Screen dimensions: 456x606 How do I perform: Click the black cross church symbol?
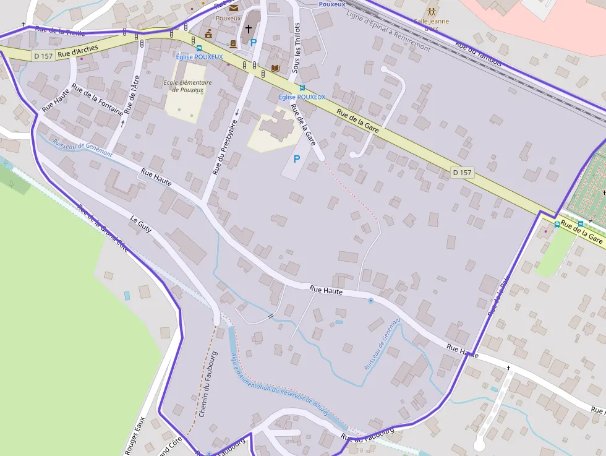(249, 29)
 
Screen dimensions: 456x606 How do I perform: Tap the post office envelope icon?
(234, 8)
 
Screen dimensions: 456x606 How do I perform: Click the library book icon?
(275, 68)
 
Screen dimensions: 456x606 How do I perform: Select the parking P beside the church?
(253, 43)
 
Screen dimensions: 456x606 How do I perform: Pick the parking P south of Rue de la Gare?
(297, 159)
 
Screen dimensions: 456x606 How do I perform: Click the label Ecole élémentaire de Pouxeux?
(188, 86)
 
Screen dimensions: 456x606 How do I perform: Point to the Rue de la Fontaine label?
(97, 99)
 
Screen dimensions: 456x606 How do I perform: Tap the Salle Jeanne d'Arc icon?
(432, 11)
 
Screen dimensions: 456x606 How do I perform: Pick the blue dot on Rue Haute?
(370, 301)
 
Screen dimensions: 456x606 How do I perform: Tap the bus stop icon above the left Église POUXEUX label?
(199, 48)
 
